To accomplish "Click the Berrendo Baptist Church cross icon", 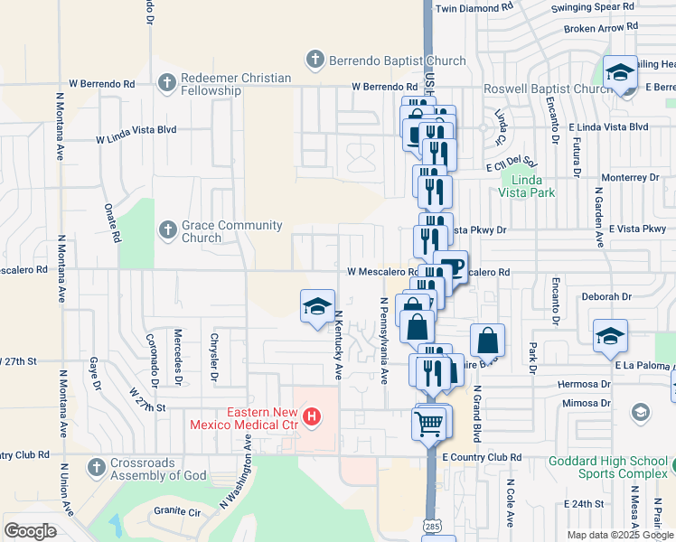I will click(x=315, y=61).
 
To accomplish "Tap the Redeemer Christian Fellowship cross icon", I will click(x=166, y=83).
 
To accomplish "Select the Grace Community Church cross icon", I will click(x=166, y=230).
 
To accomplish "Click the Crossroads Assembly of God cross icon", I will click(x=98, y=468).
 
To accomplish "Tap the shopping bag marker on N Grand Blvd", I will click(x=487, y=341).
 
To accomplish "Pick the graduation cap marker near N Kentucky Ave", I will click(x=317, y=307).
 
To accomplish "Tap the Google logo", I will click(x=30, y=531).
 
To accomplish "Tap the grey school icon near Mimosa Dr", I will click(x=640, y=413).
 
